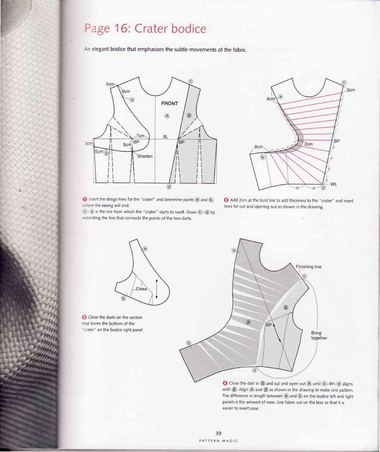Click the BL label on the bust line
166,138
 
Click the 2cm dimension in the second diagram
309,145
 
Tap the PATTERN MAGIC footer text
218,442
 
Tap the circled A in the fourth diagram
248,320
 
